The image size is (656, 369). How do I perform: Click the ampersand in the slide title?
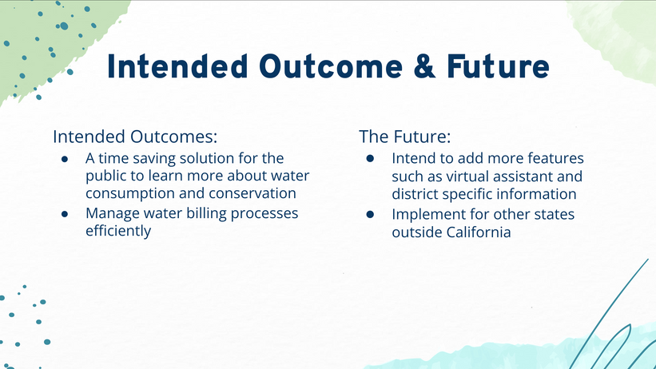[424, 67]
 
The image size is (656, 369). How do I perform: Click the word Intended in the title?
[177, 66]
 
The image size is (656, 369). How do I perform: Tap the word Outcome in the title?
[331, 67]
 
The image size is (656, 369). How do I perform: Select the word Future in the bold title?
[498, 67]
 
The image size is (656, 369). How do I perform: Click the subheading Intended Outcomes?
[135, 137]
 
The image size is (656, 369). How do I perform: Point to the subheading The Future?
[405, 137]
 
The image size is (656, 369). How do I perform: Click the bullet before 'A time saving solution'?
[65, 159]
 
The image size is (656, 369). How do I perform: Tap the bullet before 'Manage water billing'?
[65, 214]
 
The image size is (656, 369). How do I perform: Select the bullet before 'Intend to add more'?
[370, 158]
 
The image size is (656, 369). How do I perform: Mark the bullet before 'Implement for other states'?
[370, 215]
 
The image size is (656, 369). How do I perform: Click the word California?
[479, 232]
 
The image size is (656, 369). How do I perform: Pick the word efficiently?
[118, 231]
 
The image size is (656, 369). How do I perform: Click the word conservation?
[252, 193]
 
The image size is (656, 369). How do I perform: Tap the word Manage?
[113, 214]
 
